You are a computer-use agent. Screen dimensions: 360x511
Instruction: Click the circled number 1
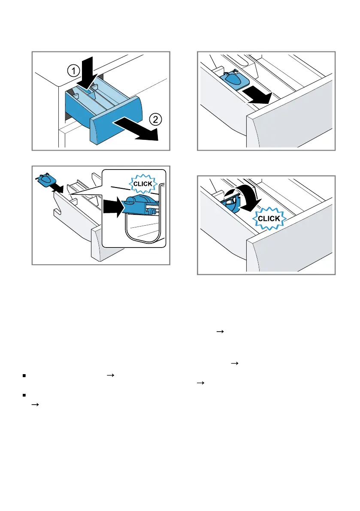(x=74, y=70)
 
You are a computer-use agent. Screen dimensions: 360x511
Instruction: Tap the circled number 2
(x=155, y=119)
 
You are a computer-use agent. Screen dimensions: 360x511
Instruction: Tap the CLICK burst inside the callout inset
(x=143, y=184)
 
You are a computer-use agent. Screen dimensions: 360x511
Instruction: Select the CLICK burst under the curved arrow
(x=269, y=218)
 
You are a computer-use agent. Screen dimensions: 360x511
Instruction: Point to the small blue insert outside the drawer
(x=45, y=180)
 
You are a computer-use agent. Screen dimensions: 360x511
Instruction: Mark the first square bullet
(x=24, y=376)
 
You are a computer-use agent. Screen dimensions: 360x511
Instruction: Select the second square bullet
(x=24, y=395)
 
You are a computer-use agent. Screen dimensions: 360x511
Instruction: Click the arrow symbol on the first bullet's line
(x=111, y=375)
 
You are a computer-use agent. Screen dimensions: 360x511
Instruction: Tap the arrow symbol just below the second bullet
(x=35, y=405)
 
